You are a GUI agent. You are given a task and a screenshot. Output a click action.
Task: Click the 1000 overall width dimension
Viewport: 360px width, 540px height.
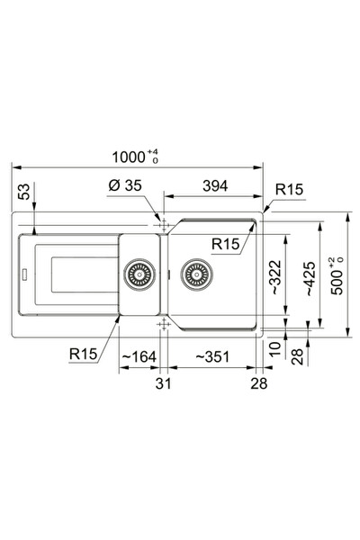tap(135, 157)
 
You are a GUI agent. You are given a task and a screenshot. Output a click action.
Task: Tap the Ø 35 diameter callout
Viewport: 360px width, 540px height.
tap(125, 185)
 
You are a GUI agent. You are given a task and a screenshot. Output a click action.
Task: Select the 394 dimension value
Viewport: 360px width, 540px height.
tap(215, 186)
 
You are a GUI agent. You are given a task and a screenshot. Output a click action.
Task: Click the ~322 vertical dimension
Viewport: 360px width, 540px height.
tap(276, 277)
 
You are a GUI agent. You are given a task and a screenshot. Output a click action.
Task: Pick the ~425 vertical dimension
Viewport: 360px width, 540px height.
tap(310, 279)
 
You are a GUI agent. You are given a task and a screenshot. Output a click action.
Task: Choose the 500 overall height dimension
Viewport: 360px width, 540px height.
tap(337, 275)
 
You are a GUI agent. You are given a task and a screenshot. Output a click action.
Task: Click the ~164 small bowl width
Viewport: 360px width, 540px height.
tap(139, 356)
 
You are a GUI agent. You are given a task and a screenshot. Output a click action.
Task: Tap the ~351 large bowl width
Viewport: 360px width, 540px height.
tap(212, 356)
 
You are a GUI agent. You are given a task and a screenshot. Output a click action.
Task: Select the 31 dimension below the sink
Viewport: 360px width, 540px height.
tap(163, 383)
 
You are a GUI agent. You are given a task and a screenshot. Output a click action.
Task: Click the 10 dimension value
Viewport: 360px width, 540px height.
tap(275, 349)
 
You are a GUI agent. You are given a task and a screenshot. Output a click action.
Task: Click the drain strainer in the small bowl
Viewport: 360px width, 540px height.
tap(139, 274)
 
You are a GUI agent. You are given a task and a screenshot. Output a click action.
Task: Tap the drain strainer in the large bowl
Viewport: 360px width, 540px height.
tap(196, 274)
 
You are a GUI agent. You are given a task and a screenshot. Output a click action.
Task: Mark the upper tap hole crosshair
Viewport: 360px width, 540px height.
tap(164, 225)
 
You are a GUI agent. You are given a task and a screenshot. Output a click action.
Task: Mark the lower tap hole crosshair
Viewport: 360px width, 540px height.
tap(164, 324)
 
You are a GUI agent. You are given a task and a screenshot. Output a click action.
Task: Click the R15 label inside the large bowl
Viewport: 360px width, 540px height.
tap(225, 244)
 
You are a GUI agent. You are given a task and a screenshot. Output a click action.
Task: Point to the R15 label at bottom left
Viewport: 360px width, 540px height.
tap(84, 354)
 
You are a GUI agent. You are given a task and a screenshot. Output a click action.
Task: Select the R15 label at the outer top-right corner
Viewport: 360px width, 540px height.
tap(290, 189)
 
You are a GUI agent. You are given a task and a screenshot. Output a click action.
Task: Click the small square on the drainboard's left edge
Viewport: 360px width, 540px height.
tap(25, 274)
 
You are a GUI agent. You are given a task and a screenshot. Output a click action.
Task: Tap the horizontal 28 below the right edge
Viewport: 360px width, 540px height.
tap(259, 383)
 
